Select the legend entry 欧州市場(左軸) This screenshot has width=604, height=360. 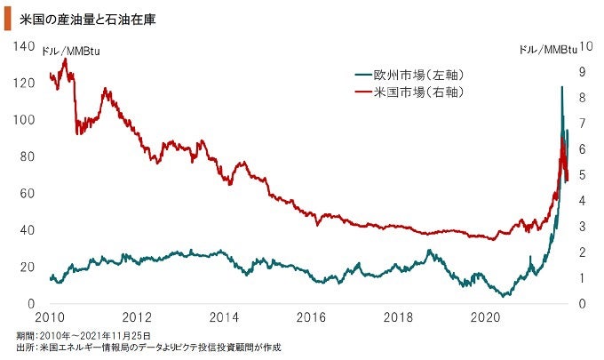tap(419, 75)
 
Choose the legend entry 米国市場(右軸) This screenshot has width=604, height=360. tap(419, 92)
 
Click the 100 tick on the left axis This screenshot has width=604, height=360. tap(24, 120)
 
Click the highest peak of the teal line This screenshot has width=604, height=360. tap(561, 86)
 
